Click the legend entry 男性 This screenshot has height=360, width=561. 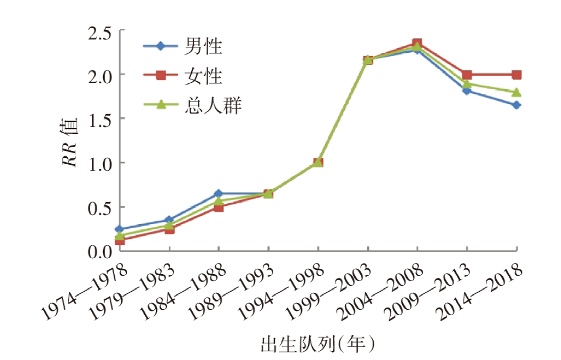tap(203, 46)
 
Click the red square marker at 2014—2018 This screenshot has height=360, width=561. tap(516, 75)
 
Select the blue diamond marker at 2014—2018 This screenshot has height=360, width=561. tap(516, 105)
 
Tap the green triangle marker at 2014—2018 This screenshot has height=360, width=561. tap(516, 92)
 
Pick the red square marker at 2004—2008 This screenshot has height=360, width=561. tap(417, 43)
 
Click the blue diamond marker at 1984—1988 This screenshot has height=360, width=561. tap(218, 193)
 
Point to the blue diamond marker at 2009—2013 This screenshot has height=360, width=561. tap(467, 91)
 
